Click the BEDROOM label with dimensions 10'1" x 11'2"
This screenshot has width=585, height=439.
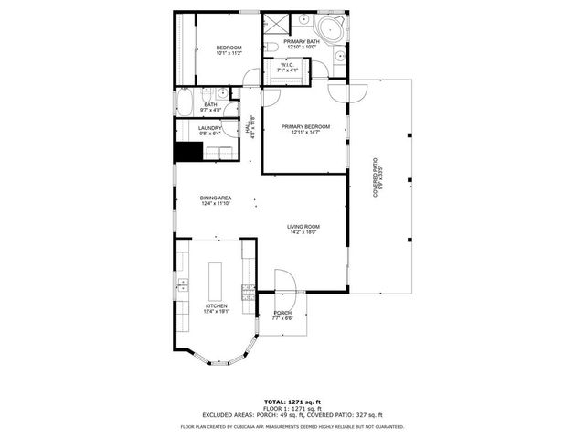pos(229,50)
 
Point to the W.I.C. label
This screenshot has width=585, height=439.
pos(287,67)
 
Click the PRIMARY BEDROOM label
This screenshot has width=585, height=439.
pos(304,129)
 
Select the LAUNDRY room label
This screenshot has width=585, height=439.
pos(209,130)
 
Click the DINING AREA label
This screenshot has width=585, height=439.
pos(216,200)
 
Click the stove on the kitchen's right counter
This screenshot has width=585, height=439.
pos(247,293)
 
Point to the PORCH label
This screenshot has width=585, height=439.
pos(282,316)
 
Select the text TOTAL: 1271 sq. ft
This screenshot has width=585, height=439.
pos(292,402)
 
